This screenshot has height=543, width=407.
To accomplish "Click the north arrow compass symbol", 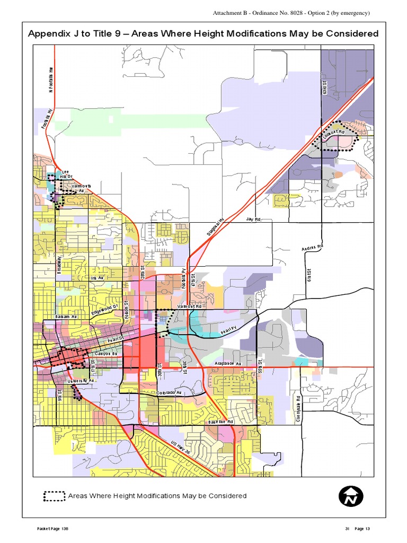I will point(351,497).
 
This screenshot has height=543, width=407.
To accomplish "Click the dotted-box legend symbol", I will point(54,496).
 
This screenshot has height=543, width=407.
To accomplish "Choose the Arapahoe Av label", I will point(228,363).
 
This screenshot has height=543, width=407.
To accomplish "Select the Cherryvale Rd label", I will point(299,409).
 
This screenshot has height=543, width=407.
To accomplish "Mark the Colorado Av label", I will point(169,392).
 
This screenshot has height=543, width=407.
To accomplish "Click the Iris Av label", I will point(97,278).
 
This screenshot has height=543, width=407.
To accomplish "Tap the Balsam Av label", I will point(66,317).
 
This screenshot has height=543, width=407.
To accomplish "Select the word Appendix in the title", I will point(49,33).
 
